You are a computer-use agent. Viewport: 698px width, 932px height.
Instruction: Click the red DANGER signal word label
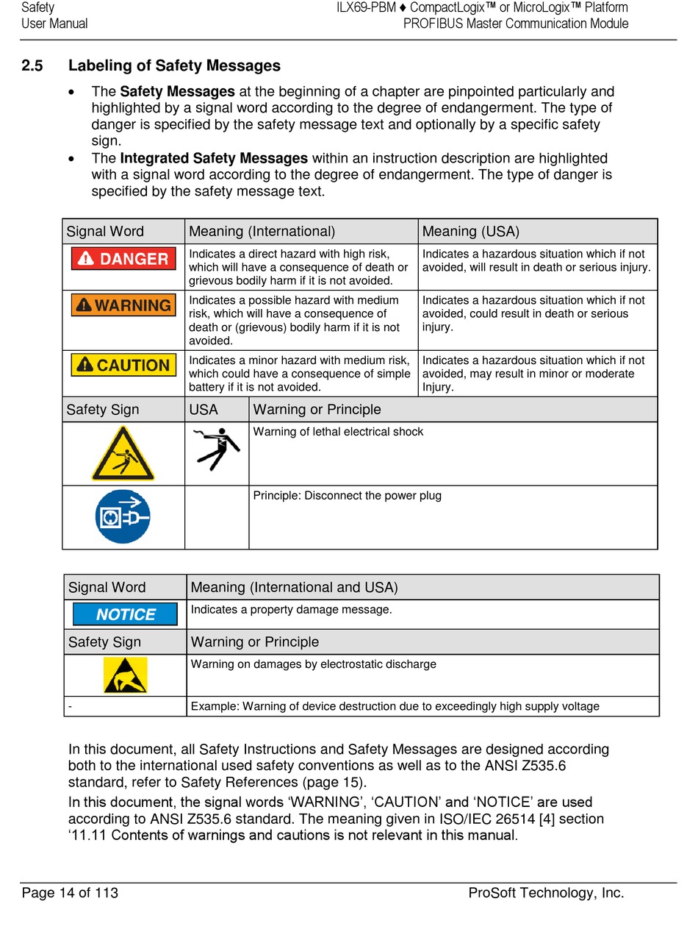coord(123,259)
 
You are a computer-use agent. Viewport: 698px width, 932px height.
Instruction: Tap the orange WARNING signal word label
coord(123,305)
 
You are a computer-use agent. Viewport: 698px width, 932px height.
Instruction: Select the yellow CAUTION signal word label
coord(123,365)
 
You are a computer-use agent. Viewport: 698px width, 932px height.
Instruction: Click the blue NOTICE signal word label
coord(125,614)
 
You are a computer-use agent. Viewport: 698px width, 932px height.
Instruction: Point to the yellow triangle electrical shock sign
coord(123,454)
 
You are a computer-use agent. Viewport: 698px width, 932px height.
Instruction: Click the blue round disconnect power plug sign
coord(123,516)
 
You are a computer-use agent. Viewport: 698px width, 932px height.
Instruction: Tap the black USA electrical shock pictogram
coord(217,449)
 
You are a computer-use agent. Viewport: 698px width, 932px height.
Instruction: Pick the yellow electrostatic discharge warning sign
coord(125,675)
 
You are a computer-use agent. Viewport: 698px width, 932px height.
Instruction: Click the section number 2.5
coord(32,66)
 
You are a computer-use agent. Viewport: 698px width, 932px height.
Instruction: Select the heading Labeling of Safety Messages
coord(174,66)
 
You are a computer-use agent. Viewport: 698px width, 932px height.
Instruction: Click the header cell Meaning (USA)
coord(470,232)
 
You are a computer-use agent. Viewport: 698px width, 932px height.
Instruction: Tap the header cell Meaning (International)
coord(262,232)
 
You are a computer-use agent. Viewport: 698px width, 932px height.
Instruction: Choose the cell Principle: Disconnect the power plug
coord(347,496)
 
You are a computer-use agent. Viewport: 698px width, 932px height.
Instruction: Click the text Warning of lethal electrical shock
coord(338,432)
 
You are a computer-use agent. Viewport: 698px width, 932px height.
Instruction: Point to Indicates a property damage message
coord(291,610)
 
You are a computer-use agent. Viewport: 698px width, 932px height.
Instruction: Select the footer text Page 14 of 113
coord(70,893)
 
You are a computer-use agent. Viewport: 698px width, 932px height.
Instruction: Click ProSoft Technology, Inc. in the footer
coord(546,893)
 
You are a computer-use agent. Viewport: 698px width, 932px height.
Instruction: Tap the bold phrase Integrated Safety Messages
coord(214,158)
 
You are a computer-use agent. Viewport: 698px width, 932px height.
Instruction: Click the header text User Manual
coord(54,24)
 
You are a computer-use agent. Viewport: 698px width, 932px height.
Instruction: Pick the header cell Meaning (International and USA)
coord(294,588)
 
